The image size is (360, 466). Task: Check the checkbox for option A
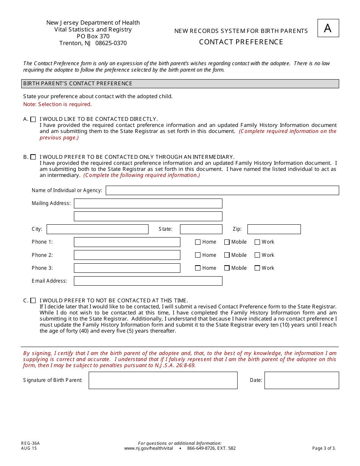pyautogui.click(x=33, y=119)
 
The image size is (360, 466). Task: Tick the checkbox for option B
pyautogui.click(x=33, y=157)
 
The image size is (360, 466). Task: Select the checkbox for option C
pyautogui.click(x=33, y=300)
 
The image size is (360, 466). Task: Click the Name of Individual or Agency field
pyautogui.click(x=222, y=190)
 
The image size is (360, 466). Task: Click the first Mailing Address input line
pyautogui.click(x=148, y=203)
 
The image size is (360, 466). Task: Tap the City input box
pyautogui.click(x=97, y=229)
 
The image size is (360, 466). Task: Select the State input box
pyautogui.click(x=201, y=229)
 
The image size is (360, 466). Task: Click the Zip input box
pyautogui.click(x=274, y=229)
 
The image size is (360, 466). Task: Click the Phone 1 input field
pyautogui.click(x=127, y=242)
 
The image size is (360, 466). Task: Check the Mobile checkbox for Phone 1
pyautogui.click(x=227, y=242)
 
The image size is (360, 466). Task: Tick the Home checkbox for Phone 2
pyautogui.click(x=198, y=255)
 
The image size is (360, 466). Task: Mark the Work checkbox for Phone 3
pyautogui.click(x=257, y=268)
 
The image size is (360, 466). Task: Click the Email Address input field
pyautogui.click(x=148, y=281)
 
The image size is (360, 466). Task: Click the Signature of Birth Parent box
pyautogui.click(x=163, y=380)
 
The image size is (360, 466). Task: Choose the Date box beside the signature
pyautogui.click(x=302, y=380)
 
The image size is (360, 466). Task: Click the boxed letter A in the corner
pyautogui.click(x=328, y=28)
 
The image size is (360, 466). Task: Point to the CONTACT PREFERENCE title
pyautogui.click(x=241, y=42)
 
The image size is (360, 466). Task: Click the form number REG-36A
pyautogui.click(x=30, y=443)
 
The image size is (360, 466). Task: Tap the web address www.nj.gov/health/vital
pyautogui.click(x=148, y=448)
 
